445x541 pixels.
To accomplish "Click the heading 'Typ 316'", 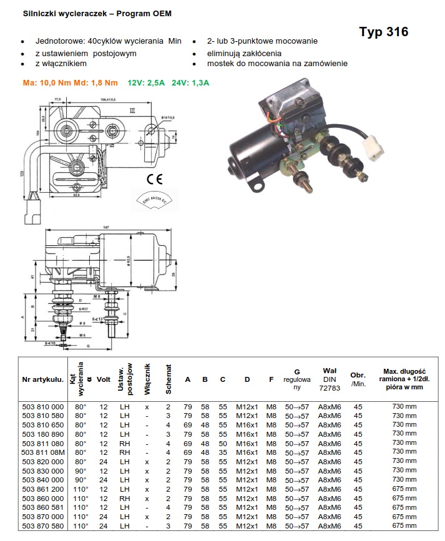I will [384, 32].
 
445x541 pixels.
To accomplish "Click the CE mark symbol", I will [155, 179].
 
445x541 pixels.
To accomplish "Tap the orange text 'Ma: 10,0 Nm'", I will [47, 82].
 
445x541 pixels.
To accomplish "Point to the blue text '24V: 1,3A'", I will [192, 82].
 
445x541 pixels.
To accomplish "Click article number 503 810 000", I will [43, 407].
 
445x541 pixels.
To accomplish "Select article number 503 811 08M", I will [43, 451].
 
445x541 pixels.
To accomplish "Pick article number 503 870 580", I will [43, 526].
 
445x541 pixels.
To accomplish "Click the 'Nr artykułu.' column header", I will [42, 378].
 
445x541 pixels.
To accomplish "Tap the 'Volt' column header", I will [104, 378].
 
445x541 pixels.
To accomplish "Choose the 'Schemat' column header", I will [168, 378].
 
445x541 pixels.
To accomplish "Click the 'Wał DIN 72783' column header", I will [330, 378].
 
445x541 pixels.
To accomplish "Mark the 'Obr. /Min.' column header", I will [358, 379].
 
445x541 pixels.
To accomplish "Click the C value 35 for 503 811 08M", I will [222, 451].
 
